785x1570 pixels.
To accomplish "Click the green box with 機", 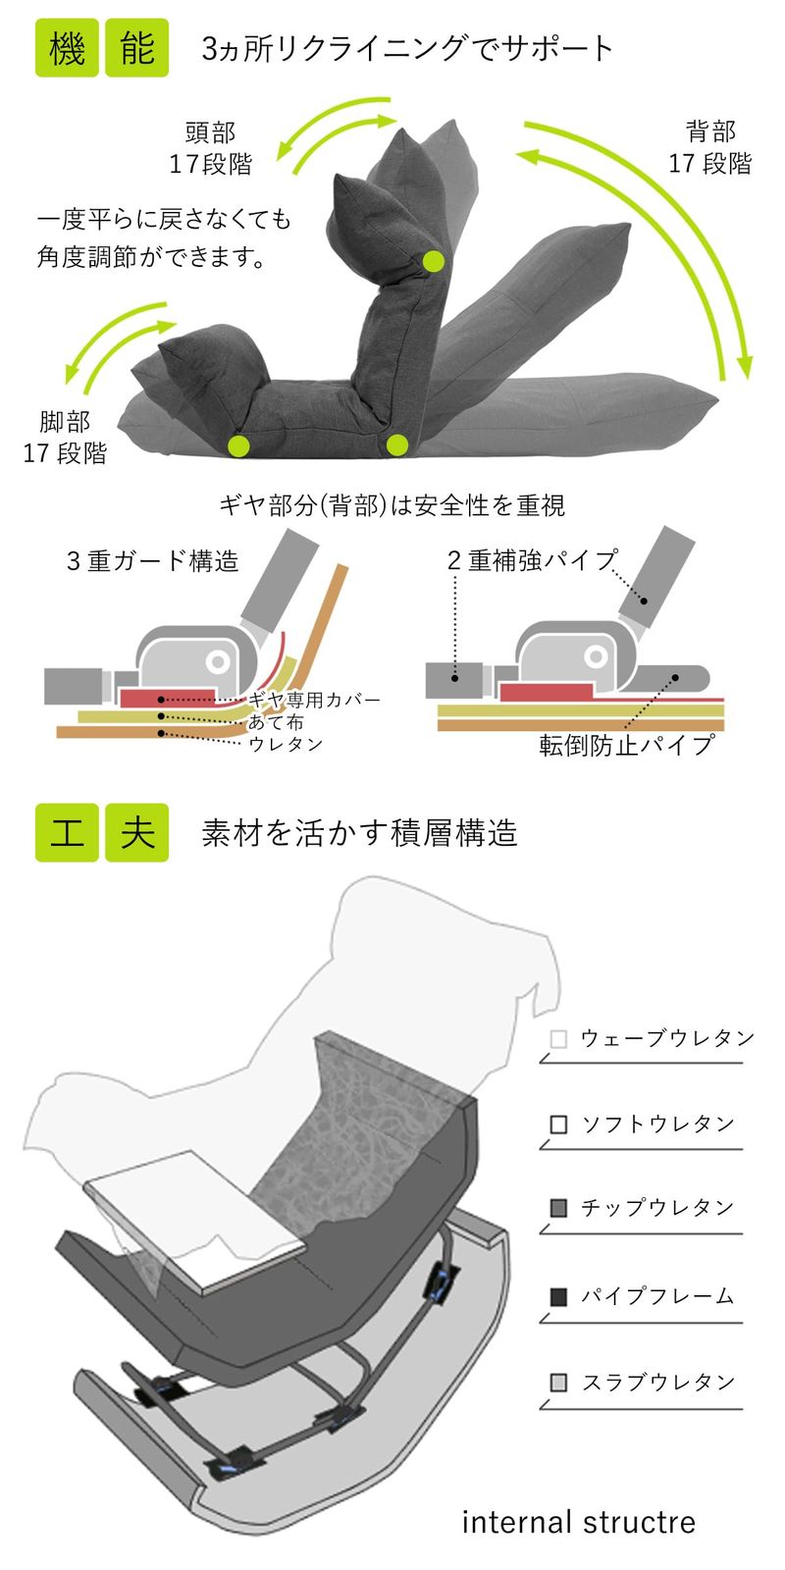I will coord(67,47).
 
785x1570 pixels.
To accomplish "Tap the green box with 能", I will coord(136,47).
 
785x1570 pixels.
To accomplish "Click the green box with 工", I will coord(67,832).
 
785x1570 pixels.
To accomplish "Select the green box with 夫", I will coord(136,832).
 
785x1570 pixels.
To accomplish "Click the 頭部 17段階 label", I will coord(210,148).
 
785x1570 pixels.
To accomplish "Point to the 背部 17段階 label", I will coord(710,147).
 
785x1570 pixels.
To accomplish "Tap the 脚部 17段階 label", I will coord(65,438).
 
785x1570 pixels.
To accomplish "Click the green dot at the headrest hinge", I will coord(434,261).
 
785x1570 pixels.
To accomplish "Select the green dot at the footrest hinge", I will coord(238,445).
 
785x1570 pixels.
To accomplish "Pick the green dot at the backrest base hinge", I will coord(396,445).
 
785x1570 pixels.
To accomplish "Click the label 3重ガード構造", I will coord(152,561).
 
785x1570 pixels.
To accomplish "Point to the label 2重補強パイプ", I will coord(532,560).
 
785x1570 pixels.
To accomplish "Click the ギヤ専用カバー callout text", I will coord(314,700).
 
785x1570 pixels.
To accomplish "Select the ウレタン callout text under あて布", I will coord(286,744).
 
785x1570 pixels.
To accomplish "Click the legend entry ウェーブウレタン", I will coord(667,1038).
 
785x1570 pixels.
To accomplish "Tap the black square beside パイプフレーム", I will coord(558,1296).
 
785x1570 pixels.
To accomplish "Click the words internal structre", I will coord(578,1522).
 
